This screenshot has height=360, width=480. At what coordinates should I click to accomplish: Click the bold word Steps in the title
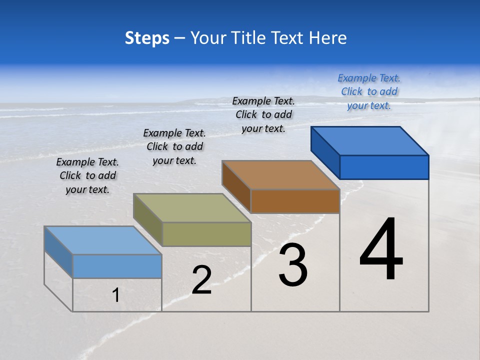point(147,38)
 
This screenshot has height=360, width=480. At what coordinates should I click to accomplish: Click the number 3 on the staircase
point(293,265)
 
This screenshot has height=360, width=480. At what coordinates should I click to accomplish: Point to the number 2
point(201,280)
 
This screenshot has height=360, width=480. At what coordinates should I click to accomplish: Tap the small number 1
point(116,295)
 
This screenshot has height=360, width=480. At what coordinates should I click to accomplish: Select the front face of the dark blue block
point(384,167)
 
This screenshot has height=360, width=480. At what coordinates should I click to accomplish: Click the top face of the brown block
point(280,175)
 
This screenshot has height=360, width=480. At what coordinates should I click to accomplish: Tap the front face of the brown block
point(295,201)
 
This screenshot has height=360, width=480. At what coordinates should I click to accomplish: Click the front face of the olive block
point(206,234)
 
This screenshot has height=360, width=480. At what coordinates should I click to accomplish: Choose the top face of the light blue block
point(103,240)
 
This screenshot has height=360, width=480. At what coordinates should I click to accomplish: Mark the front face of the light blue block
point(117,266)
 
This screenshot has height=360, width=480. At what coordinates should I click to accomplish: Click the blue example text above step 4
point(369,91)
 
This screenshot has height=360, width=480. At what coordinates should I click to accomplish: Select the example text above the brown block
point(263,114)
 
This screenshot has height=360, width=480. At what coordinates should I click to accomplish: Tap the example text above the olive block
point(174,146)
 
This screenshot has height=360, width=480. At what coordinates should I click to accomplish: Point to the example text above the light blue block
point(87,175)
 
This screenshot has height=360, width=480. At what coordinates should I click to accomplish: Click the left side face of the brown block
point(236,186)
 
